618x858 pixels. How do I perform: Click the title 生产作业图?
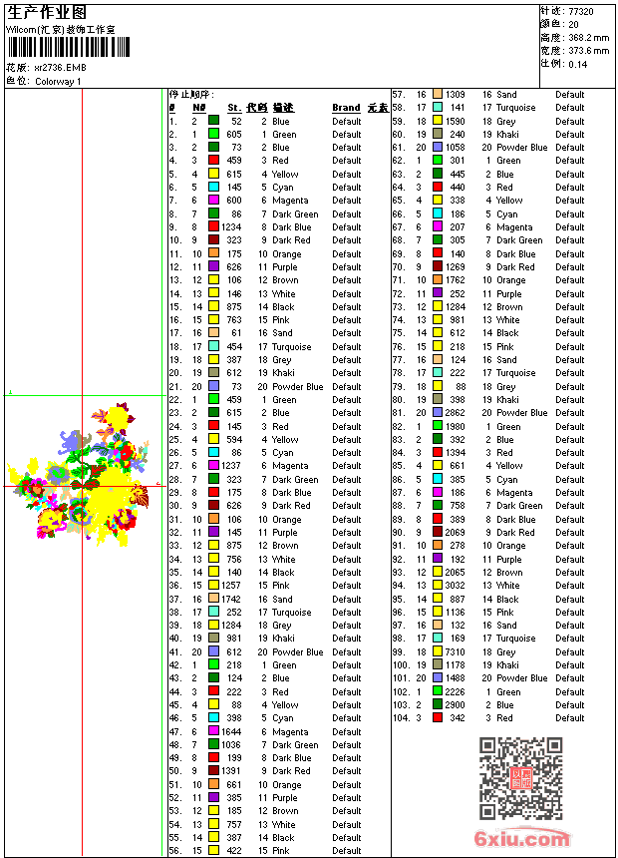point(45,13)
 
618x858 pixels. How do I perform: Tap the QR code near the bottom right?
point(520,777)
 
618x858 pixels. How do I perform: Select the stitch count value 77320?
point(580,10)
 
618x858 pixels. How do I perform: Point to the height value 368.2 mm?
point(588,37)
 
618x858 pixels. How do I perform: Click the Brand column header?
point(346,108)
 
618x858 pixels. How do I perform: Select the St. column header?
point(234,108)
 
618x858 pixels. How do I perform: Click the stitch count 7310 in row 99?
point(455,651)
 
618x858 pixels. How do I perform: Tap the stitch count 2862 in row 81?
point(455,413)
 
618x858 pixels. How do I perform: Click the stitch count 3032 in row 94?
point(455,586)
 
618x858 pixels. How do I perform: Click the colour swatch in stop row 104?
point(438,717)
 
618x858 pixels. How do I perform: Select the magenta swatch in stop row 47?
point(213,731)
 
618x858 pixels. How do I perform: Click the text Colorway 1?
point(58,81)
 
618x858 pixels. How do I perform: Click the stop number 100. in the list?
point(401,664)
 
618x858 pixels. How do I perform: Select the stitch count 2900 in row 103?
point(455,704)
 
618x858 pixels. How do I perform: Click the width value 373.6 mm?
point(588,50)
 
